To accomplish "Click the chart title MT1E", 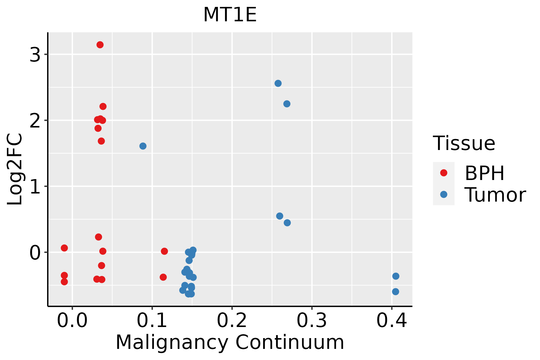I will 230,15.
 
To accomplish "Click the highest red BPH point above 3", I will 100,45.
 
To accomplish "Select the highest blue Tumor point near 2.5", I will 278,83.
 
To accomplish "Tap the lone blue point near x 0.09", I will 143,146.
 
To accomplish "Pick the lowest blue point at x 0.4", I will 395,292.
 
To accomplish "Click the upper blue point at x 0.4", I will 396,276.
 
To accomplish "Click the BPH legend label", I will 484,173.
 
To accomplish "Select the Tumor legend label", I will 495,195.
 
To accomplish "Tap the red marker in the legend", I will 443,173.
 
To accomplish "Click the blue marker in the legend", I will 443,194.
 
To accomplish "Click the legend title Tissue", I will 464,143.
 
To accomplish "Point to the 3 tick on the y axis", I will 35,55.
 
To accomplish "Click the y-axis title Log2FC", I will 15,169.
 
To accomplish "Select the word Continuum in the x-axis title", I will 289,342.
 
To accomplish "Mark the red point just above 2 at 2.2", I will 103,106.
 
